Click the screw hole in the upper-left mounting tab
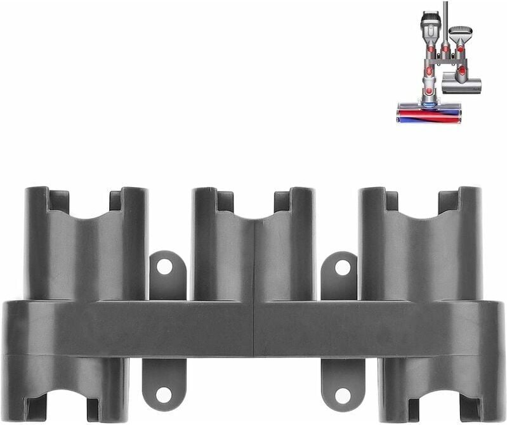164,267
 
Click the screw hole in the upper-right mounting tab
343,268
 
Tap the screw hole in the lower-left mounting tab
164,395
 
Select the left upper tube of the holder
86,254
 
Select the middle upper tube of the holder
253,254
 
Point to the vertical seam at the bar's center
254,327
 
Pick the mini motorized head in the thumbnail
461,82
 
